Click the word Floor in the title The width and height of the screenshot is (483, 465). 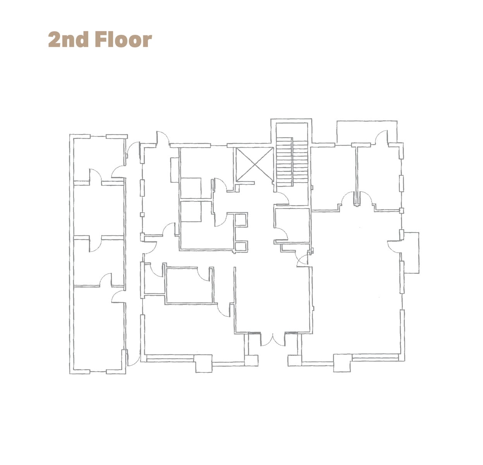click(123, 40)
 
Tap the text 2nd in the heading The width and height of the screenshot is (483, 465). click(68, 40)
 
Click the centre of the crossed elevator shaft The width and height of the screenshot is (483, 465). click(254, 164)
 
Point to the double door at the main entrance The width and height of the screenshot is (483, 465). click(273, 340)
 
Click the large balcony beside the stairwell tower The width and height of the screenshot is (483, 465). click(366, 132)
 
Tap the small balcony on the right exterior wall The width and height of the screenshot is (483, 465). click(411, 253)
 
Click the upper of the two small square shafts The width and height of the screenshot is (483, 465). click(241, 220)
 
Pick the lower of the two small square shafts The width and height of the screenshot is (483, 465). click(241, 246)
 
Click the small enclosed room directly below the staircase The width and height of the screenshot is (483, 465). click(292, 225)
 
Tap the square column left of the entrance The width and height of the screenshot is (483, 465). click(251, 360)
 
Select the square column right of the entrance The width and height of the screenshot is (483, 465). click(295, 360)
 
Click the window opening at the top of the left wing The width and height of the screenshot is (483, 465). click(98, 136)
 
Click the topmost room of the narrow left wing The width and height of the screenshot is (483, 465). click(99, 159)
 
